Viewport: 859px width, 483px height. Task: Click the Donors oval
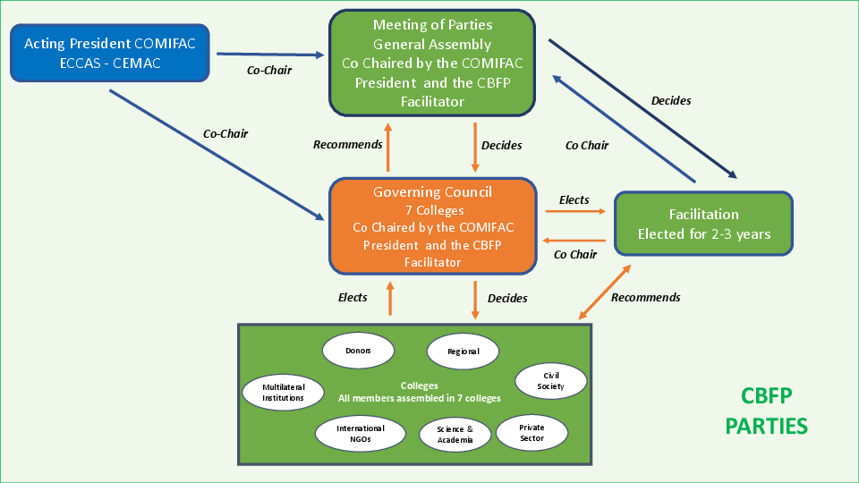[x=359, y=350]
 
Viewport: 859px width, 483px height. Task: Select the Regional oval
[x=463, y=352]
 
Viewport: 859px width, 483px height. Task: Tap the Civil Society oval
[x=551, y=381]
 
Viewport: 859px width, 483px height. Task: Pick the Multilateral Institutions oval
[x=283, y=392]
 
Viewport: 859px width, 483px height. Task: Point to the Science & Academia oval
[x=455, y=435]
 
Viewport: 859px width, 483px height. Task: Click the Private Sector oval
[x=532, y=433]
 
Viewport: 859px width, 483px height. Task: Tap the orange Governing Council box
[x=433, y=226]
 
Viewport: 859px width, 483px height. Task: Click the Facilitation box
[x=703, y=224]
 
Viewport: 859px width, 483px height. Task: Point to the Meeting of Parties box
[x=432, y=63]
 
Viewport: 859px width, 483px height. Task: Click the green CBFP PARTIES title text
[x=767, y=411]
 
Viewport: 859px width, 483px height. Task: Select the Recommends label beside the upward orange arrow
[x=348, y=144]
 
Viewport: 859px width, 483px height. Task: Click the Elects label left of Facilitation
[x=574, y=199]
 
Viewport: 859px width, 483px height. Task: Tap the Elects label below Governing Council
[x=353, y=298]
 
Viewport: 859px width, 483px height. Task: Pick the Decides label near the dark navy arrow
[x=671, y=101]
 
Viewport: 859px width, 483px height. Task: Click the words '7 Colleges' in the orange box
[x=433, y=210]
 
